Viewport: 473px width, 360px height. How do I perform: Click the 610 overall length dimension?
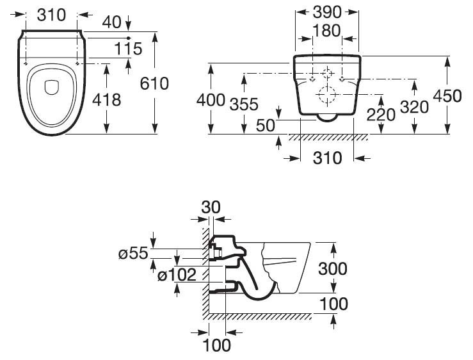pos(154,83)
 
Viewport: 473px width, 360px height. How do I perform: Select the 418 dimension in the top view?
pos(106,100)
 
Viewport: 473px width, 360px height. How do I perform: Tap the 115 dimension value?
pos(128,49)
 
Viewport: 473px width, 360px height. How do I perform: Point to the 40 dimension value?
pos(111,22)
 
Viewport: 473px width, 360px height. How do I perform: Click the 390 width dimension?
pos(327,12)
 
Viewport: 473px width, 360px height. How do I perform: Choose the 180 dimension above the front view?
pos(326,31)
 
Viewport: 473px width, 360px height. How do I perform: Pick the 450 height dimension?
pos(447,95)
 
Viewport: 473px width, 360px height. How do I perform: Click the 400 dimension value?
pos(211,100)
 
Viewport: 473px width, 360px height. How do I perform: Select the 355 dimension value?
pos(244,104)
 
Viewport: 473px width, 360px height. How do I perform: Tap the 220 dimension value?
pos(381,115)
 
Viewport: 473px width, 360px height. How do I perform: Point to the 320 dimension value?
pos(414,107)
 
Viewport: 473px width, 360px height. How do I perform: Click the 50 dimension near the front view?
pos(266,126)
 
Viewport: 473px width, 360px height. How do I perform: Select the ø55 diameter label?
pos(133,253)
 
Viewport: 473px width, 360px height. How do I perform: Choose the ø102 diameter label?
pos(177,275)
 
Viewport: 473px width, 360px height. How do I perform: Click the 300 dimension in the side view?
pos(332,268)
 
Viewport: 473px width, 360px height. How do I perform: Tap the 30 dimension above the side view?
pos(211,207)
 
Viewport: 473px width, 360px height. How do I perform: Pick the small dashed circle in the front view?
pos(327,69)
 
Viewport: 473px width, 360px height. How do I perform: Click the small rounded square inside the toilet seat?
pos(52,87)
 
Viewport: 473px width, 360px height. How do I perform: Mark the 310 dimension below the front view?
pos(327,158)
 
